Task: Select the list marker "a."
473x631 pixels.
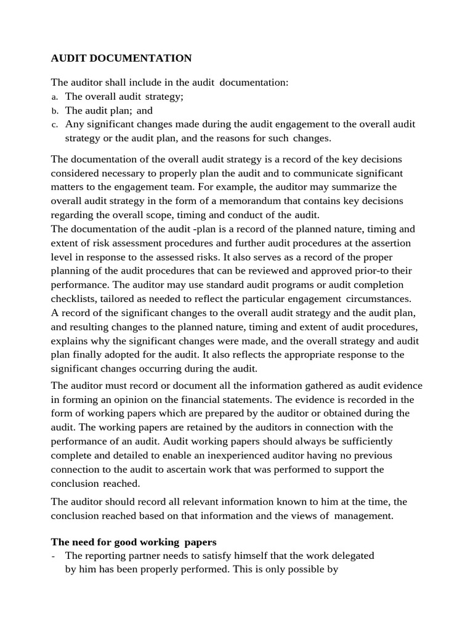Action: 54,97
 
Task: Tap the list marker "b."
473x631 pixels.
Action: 54,111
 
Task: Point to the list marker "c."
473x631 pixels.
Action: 54,124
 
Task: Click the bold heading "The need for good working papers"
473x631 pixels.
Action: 134,542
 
